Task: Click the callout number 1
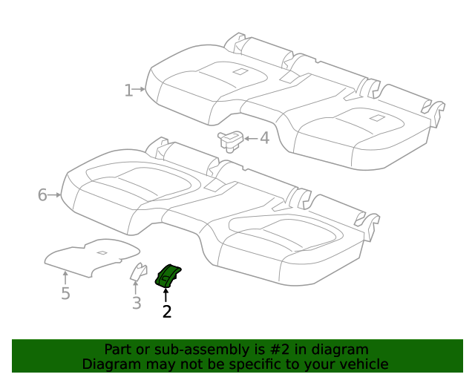tap(128, 91)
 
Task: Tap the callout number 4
tap(265, 138)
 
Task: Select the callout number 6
tap(42, 195)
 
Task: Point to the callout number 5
tap(65, 293)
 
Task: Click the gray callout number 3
tap(137, 303)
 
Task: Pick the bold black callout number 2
tap(167, 311)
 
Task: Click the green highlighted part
tap(168, 275)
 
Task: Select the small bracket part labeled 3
tap(139, 272)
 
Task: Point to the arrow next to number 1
tap(139, 89)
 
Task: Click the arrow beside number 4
tap(251, 139)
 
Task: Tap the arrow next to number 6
tap(54, 195)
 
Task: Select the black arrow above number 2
tap(166, 295)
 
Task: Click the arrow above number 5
tap(65, 278)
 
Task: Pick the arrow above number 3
tap(135, 287)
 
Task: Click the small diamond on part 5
tap(102, 252)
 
